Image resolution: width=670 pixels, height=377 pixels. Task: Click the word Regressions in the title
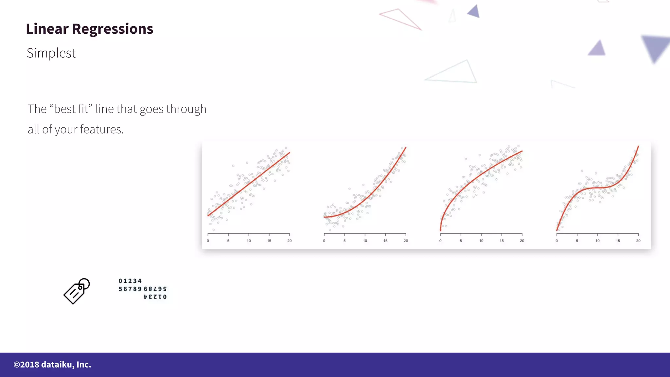pyautogui.click(x=113, y=29)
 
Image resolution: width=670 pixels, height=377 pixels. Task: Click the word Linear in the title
pyautogui.click(x=47, y=29)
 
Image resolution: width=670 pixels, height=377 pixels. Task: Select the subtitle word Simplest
pyautogui.click(x=51, y=53)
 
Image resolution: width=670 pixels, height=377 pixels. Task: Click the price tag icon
pyautogui.click(x=77, y=291)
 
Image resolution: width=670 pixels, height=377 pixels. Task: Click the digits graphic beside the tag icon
pyautogui.click(x=143, y=289)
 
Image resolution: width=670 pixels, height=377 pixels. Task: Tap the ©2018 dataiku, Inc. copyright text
pyautogui.click(x=52, y=365)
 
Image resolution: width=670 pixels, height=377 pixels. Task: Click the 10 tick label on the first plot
pyautogui.click(x=249, y=241)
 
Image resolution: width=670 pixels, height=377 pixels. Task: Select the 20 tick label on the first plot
pyautogui.click(x=290, y=241)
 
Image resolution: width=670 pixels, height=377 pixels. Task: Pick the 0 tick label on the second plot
pyautogui.click(x=324, y=241)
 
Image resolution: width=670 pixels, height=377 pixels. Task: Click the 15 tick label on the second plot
pyautogui.click(x=385, y=241)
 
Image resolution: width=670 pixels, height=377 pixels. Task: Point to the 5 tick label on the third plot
pyautogui.click(x=461, y=241)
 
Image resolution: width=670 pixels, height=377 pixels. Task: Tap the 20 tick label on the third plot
pyautogui.click(x=522, y=241)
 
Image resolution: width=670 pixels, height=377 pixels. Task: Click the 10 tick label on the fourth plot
pyautogui.click(x=597, y=241)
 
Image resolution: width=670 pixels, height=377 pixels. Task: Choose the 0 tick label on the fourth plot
pyautogui.click(x=557, y=241)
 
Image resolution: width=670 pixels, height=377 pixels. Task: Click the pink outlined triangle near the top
pyautogui.click(x=401, y=19)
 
